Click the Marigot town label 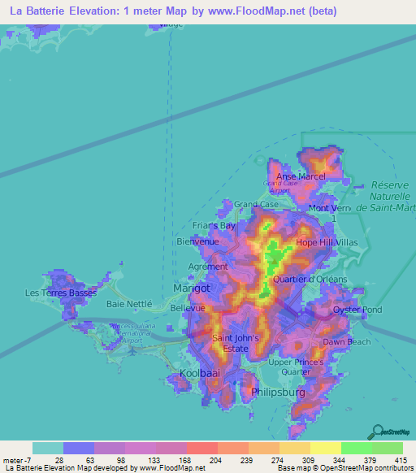192,289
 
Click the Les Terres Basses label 61,293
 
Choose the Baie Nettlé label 129,303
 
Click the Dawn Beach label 347,342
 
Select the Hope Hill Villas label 326,242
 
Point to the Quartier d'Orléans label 310,279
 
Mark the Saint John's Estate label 236,343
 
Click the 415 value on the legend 400,460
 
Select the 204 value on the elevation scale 214,460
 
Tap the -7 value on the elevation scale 22,460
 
